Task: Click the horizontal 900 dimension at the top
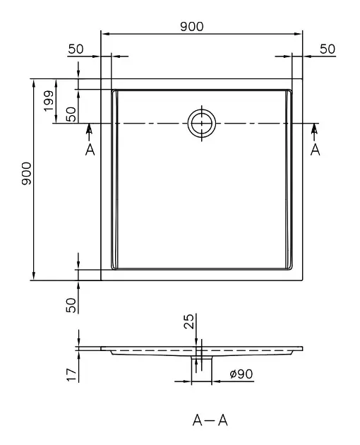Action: (192, 26)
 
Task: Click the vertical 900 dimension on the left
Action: (26, 173)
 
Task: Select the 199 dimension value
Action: (49, 101)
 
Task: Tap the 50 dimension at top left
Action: (76, 49)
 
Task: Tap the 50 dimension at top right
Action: (328, 49)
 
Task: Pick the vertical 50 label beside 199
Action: (71, 114)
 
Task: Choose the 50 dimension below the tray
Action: (71, 305)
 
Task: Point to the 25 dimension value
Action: (189, 321)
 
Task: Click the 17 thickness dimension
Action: (71, 374)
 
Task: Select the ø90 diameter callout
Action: (241, 374)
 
